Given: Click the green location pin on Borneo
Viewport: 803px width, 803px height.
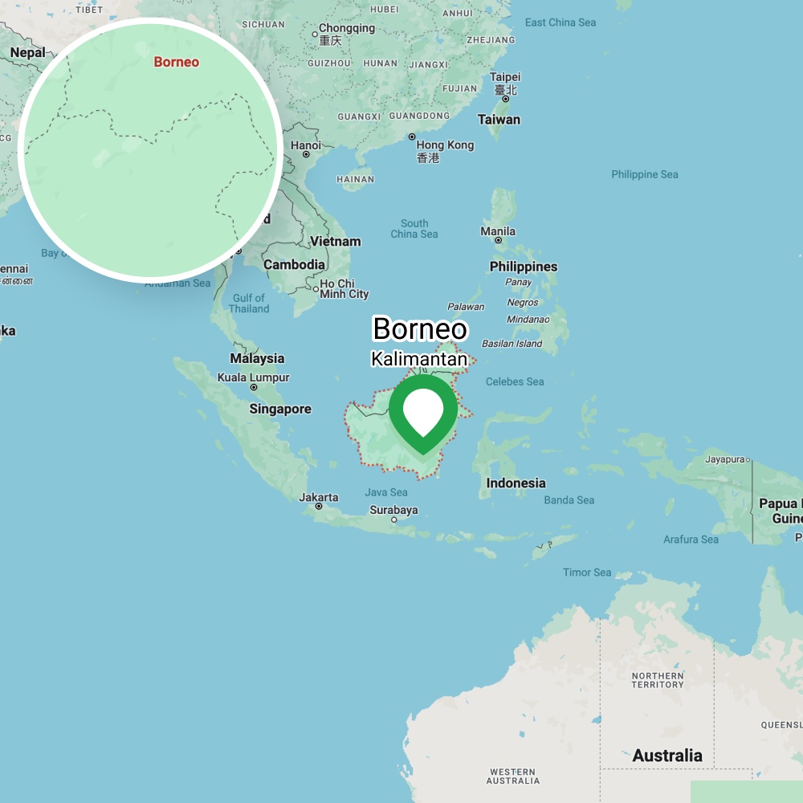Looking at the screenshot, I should pyautogui.click(x=423, y=413).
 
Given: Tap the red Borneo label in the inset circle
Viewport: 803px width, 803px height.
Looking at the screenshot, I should pyautogui.click(x=176, y=62).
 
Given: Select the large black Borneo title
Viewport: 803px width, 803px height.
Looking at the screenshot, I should pyautogui.click(x=419, y=329).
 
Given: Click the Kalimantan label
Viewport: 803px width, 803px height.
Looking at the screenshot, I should pyautogui.click(x=418, y=359).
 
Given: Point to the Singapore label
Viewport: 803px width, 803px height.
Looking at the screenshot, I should pyautogui.click(x=279, y=409).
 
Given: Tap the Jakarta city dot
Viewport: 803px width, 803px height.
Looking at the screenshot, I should pyautogui.click(x=319, y=507).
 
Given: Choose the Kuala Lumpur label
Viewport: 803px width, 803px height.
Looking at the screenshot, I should pyautogui.click(x=253, y=377).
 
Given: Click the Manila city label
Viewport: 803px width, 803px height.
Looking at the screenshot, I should pyautogui.click(x=498, y=231).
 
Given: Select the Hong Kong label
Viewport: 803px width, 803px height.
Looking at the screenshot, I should pyautogui.click(x=445, y=145).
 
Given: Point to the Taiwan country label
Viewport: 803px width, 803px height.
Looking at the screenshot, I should pyautogui.click(x=499, y=120).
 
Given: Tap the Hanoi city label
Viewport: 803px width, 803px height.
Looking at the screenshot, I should pyautogui.click(x=305, y=145).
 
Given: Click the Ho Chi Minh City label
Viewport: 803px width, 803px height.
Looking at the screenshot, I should pyautogui.click(x=344, y=289).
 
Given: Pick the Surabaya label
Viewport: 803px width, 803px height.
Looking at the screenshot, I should pyautogui.click(x=393, y=510).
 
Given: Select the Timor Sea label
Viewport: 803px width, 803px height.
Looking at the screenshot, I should pyautogui.click(x=587, y=573).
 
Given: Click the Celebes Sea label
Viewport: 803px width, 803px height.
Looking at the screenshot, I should pyautogui.click(x=515, y=381).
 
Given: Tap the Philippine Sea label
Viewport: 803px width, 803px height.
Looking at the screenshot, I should pyautogui.click(x=644, y=174).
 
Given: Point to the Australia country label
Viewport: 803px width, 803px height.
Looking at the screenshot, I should pyautogui.click(x=666, y=756).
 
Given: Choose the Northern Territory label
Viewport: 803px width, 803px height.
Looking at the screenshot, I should pyautogui.click(x=657, y=680).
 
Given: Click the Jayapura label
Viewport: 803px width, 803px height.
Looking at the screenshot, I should pyautogui.click(x=724, y=459).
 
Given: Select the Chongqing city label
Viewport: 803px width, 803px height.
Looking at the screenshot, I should pyautogui.click(x=347, y=28).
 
